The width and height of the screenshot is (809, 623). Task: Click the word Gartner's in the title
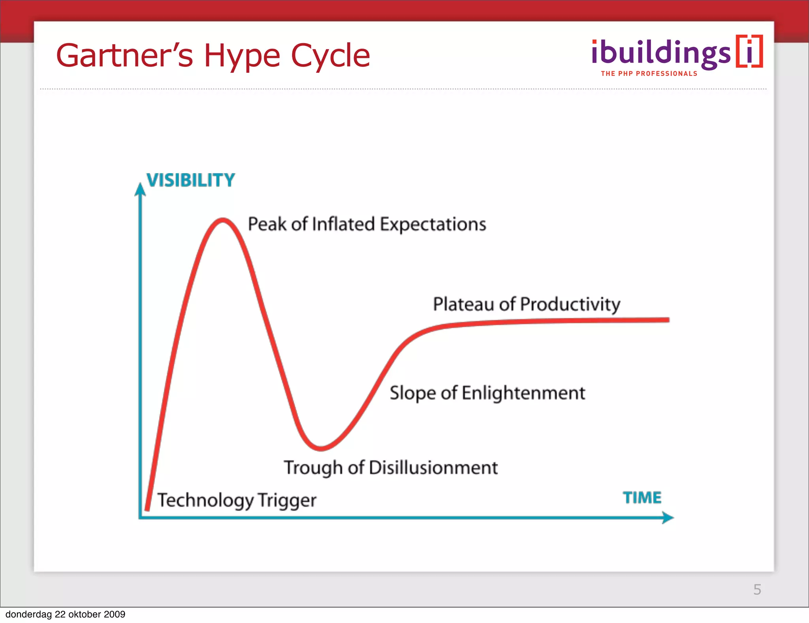click(125, 56)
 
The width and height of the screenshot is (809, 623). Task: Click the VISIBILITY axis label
click(191, 180)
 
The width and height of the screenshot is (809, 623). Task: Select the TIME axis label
click(642, 498)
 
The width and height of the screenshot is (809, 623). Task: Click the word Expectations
click(433, 224)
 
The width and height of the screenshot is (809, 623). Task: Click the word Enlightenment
click(523, 393)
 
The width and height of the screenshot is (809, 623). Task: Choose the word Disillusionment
click(433, 468)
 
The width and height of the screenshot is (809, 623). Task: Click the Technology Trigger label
click(237, 500)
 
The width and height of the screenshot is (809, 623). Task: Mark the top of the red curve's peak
click(223, 220)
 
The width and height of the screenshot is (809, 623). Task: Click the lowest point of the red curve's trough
click(321, 448)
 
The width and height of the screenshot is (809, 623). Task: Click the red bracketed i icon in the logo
click(749, 51)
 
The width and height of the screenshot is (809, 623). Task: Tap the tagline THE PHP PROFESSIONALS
click(649, 74)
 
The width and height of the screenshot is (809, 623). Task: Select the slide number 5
click(757, 589)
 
